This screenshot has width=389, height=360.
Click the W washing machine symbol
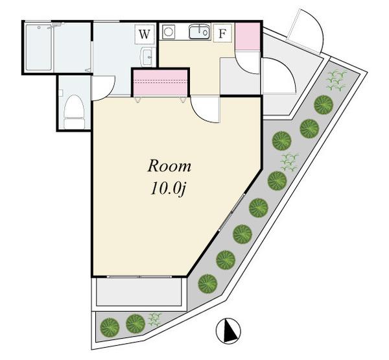[145, 34]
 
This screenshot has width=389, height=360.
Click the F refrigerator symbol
[222, 33]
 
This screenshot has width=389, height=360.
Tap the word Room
[169, 166]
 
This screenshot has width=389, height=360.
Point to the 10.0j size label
[168, 189]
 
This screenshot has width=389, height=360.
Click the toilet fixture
[73, 112]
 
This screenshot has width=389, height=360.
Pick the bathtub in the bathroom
[38, 47]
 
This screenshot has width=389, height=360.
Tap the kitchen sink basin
[199, 32]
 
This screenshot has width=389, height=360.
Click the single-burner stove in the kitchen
[169, 32]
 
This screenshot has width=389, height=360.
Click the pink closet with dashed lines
[161, 82]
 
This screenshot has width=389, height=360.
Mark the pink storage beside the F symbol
[247, 36]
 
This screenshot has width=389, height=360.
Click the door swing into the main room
[205, 110]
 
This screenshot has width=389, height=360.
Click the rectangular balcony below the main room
[139, 293]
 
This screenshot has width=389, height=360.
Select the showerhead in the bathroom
[56, 25]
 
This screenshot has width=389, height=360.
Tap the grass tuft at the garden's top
[336, 80]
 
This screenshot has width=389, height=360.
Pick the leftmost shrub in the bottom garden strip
[110, 327]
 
